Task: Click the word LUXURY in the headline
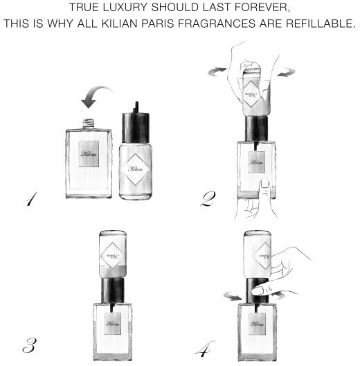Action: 125,7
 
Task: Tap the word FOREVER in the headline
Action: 262,8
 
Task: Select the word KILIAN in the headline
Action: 119,24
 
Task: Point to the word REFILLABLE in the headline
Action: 321,24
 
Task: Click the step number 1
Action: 32,199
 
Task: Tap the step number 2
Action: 208,199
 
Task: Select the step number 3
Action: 29,345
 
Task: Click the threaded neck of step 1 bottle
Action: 89,123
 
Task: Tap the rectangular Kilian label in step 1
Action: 89,154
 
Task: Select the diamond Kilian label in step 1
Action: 136,169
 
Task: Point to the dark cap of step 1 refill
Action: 136,128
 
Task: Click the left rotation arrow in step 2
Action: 217,72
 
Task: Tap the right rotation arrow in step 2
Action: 287,72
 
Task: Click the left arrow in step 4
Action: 233,296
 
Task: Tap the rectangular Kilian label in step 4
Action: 257,324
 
